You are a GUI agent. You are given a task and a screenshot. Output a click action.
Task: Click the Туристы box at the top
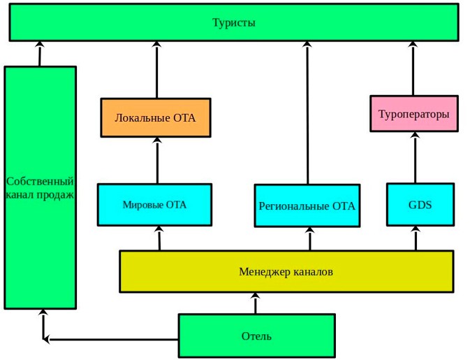[234, 22]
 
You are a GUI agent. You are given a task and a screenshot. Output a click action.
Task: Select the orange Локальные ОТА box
[155, 117]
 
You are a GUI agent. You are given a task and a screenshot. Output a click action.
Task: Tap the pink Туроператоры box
[413, 114]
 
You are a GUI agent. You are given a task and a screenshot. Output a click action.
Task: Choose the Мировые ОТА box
[154, 205]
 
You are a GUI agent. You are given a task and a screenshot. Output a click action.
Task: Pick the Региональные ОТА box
[307, 206]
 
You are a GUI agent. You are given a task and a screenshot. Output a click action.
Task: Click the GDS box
[420, 205]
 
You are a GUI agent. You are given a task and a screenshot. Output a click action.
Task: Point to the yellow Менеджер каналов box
[286, 271]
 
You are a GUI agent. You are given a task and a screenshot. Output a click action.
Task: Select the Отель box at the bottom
[256, 336]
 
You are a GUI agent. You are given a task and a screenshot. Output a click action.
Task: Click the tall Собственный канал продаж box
[40, 188]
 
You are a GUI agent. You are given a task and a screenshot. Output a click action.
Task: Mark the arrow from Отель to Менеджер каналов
[256, 303]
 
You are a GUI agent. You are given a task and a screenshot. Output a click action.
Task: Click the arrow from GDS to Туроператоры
[416, 158]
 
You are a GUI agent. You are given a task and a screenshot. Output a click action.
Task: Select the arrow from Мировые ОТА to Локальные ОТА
[156, 161]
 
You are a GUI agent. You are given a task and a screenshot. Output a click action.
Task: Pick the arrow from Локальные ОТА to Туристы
[156, 70]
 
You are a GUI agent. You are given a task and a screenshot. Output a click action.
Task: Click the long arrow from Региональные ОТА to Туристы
[307, 112]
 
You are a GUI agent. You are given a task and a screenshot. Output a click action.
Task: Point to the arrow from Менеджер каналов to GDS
[416, 238]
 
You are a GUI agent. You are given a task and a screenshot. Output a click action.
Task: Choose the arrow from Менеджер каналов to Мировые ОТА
[159, 238]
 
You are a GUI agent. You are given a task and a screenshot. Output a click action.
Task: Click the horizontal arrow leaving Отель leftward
[112, 340]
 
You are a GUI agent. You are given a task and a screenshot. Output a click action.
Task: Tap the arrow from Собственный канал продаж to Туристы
[39, 54]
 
